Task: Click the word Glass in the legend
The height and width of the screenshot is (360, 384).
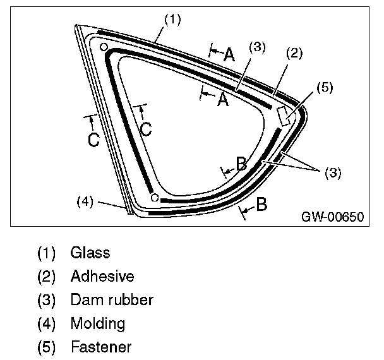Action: tap(90, 253)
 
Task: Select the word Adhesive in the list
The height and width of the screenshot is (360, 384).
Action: tap(102, 276)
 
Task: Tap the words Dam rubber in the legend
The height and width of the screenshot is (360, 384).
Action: tap(112, 299)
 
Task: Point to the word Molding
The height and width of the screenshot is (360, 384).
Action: tap(98, 323)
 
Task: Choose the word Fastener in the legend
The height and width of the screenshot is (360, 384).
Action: tap(101, 347)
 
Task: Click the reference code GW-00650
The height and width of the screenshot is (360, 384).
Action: tap(332, 217)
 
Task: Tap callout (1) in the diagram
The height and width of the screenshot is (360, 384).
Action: tap(172, 19)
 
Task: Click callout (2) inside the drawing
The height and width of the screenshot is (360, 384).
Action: tap(294, 54)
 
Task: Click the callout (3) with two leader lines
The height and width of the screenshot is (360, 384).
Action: tap(332, 172)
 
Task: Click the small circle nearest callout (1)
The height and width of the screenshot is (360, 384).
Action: tap(104, 48)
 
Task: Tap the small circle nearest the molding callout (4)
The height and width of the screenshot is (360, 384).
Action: tap(155, 198)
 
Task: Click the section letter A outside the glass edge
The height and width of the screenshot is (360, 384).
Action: tap(229, 55)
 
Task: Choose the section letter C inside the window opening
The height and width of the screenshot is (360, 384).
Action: tap(145, 129)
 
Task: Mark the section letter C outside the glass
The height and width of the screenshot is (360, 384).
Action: tap(93, 139)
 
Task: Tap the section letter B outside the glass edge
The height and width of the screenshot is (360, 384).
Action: tap(261, 205)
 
